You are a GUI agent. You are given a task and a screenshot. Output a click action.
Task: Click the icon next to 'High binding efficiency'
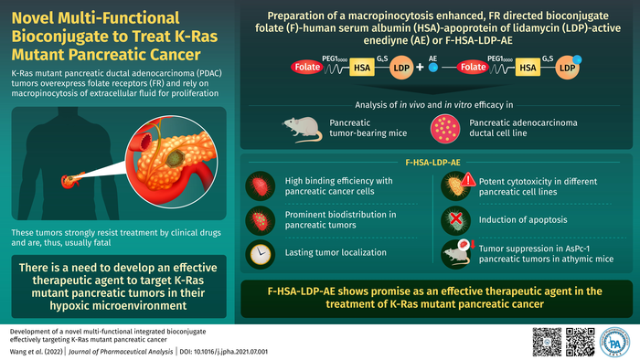[x=258, y=186]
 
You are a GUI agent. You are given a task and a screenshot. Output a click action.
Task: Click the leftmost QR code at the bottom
[x=546, y=340]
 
